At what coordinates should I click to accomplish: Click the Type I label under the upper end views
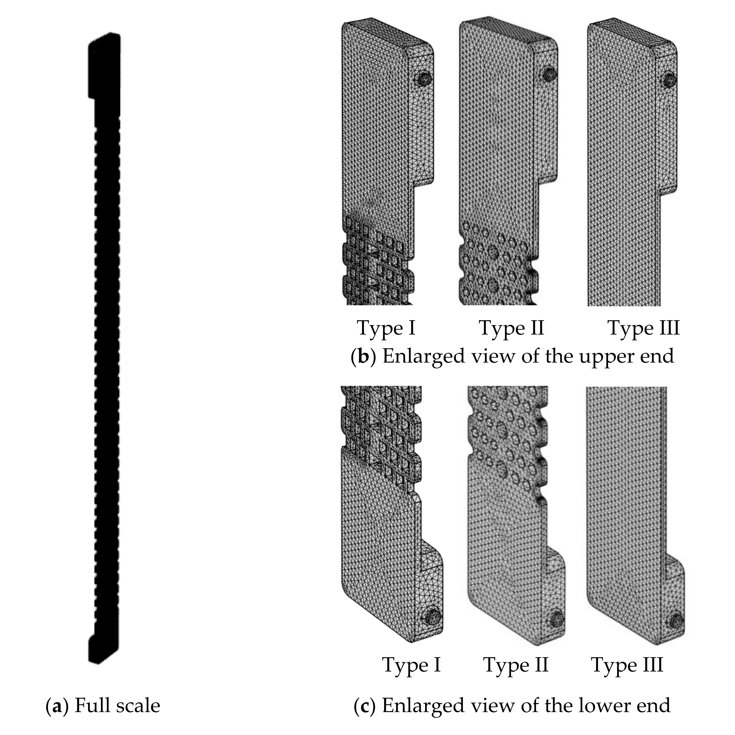click(386, 328)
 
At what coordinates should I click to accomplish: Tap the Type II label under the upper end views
click(512, 328)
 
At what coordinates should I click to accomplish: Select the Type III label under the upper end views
click(643, 328)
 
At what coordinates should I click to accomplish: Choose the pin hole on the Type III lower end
click(676, 620)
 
